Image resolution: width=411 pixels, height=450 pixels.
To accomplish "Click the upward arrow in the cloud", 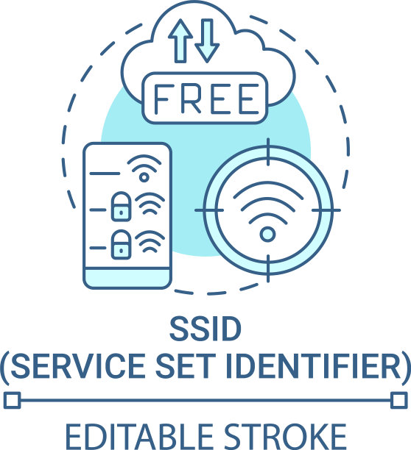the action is click(x=180, y=40).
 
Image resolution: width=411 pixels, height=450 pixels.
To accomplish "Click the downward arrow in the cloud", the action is click(x=207, y=40).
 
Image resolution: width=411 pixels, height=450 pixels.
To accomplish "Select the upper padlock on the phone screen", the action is click(x=121, y=207).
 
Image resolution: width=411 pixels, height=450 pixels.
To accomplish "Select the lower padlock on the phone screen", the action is click(x=121, y=245).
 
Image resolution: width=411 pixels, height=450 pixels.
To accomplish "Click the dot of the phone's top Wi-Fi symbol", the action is click(x=144, y=177).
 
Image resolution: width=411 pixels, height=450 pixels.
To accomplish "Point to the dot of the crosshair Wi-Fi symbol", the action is click(x=267, y=234).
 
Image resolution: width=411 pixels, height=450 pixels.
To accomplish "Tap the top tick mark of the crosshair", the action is click(x=268, y=151).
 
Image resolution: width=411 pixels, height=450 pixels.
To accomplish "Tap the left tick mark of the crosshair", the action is click(x=209, y=210).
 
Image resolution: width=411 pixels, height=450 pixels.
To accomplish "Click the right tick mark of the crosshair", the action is click(x=326, y=210).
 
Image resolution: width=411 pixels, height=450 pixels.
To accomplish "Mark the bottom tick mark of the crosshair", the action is click(x=268, y=268).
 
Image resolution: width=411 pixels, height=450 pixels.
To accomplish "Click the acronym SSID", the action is click(x=205, y=329).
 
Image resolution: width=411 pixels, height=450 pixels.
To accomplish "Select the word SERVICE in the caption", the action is click(x=78, y=366).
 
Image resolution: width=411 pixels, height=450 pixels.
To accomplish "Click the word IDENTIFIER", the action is click(x=314, y=366).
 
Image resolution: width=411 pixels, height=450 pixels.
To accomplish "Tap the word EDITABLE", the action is click(x=139, y=437).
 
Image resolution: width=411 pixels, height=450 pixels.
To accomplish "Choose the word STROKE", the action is click(x=285, y=437).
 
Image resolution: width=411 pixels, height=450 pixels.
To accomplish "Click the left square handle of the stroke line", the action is click(x=13, y=400).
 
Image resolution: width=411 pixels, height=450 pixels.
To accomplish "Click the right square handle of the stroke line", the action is click(x=399, y=400).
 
